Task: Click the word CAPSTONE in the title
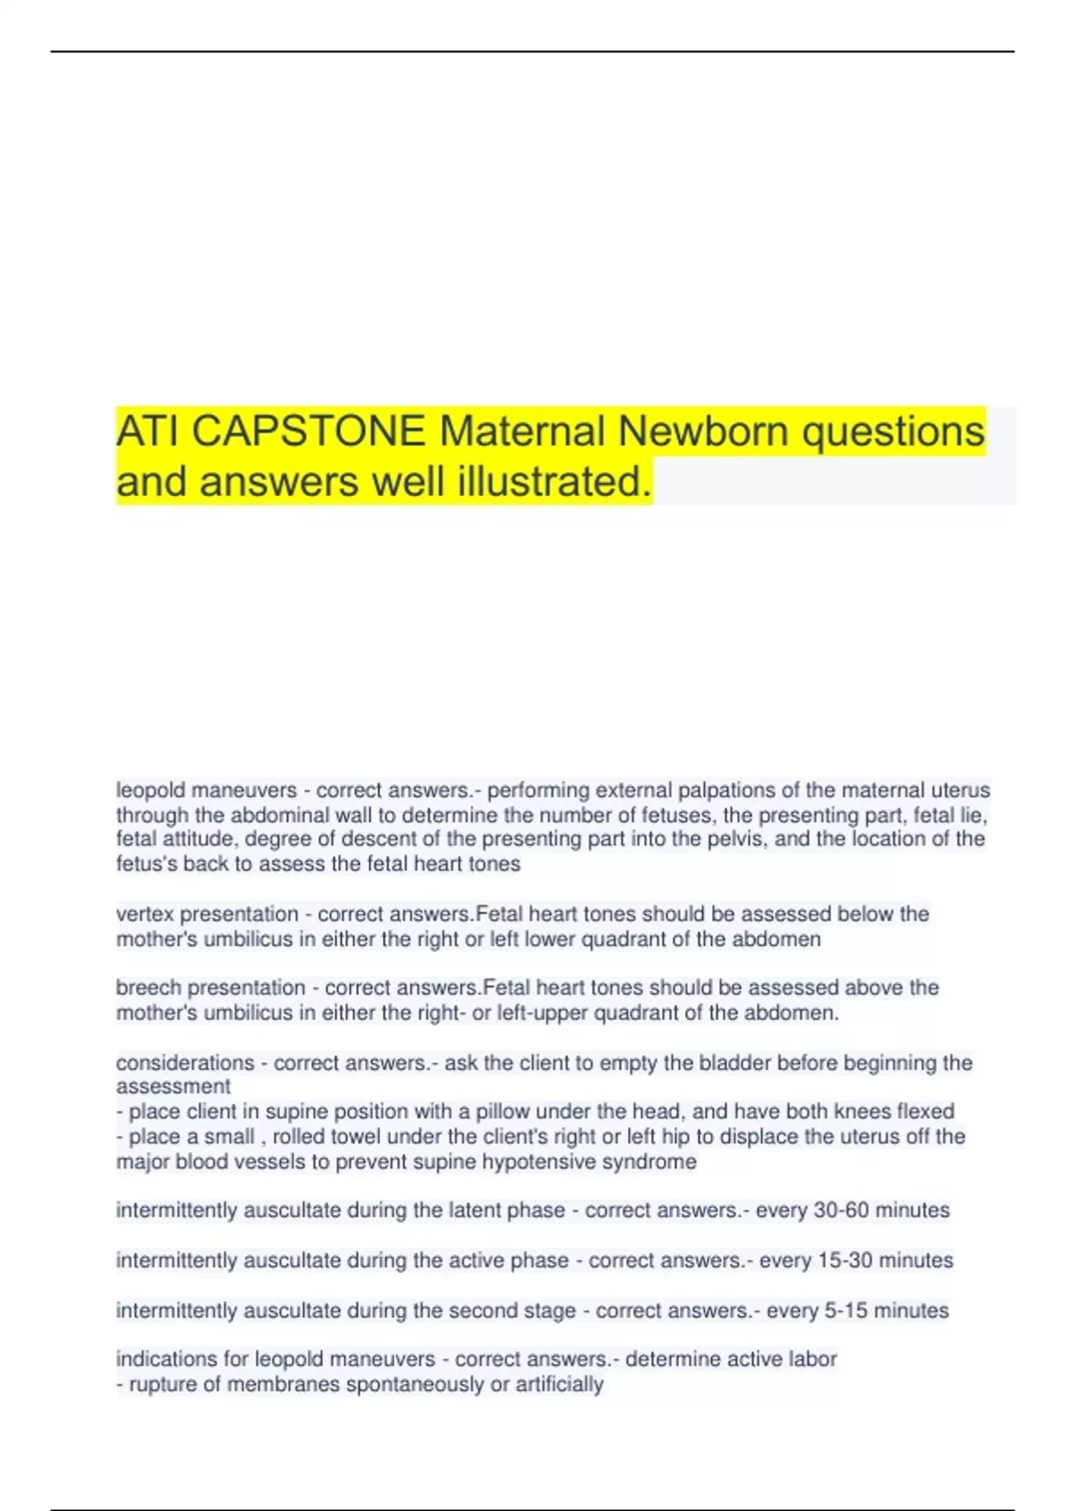tap(308, 432)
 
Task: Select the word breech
tap(148, 987)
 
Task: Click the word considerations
tap(186, 1063)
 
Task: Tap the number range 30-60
tap(840, 1211)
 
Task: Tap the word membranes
tap(283, 1385)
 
